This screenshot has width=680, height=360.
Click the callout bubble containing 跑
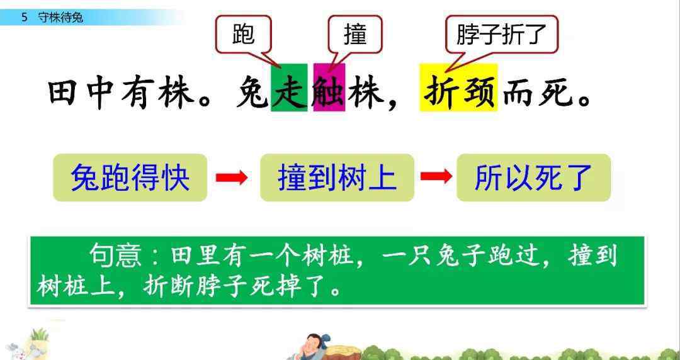[x=243, y=35]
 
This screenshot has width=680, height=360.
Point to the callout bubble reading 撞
[x=355, y=35]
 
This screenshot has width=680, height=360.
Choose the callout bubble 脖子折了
[x=501, y=35]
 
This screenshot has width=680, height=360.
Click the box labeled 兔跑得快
[x=130, y=177]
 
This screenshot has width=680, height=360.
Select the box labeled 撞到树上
[x=337, y=177]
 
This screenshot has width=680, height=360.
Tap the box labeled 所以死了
[x=533, y=177]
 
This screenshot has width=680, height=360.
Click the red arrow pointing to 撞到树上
[x=232, y=177]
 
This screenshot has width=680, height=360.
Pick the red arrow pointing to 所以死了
[x=436, y=176]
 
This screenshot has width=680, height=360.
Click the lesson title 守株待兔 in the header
[x=60, y=18]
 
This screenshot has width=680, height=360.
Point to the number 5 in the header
[x=25, y=18]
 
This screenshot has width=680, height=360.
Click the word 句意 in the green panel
[x=115, y=256]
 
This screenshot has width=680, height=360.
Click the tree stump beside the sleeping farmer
[x=343, y=352]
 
